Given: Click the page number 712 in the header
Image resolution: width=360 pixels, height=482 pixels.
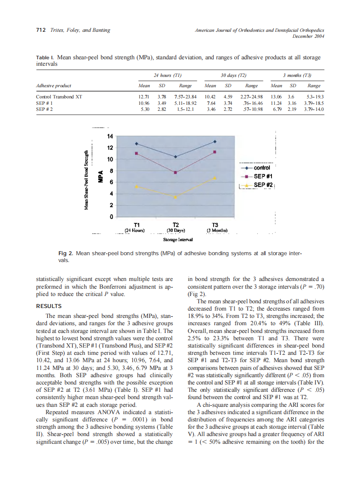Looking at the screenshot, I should [41, 30].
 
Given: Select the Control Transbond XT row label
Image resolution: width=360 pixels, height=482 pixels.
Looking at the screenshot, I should [59, 97].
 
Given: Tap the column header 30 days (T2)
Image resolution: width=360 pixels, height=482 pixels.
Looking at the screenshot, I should [233, 75].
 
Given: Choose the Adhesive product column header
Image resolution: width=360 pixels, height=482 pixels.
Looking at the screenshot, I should [54, 86].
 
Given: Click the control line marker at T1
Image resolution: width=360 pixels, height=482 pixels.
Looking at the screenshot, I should [137, 143].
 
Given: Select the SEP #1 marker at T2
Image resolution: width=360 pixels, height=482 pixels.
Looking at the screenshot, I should [175, 172].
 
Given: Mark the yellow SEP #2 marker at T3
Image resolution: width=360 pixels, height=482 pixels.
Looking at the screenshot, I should [215, 178].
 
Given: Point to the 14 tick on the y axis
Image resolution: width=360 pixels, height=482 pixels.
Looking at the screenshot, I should [110, 136].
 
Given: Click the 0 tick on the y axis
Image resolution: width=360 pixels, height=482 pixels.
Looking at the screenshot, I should [111, 217].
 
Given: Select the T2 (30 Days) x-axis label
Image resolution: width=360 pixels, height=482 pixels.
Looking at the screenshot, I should [176, 227].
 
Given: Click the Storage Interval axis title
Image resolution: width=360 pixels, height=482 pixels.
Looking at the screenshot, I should [178, 239].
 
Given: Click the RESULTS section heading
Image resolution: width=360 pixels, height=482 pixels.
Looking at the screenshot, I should [49, 306].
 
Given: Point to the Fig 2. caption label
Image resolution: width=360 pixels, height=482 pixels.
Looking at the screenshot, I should [65, 254].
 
